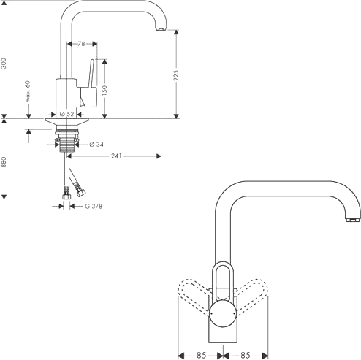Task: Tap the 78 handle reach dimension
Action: click(81, 44)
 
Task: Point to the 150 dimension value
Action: click(104, 91)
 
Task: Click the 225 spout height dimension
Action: click(176, 75)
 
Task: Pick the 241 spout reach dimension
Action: click(116, 156)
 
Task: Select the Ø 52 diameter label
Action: click(66, 114)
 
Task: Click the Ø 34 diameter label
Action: click(96, 145)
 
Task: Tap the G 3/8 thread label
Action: click(94, 207)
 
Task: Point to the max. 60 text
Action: click(28, 91)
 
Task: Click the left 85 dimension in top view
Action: click(201, 355)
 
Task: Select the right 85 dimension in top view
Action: click(246, 355)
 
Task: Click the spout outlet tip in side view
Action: click(161, 28)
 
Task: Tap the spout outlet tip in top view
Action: click(353, 220)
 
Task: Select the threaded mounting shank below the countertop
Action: click(66, 144)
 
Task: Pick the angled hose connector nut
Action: click(80, 193)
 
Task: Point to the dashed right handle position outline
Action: click(251, 295)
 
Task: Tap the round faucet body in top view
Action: click(223, 313)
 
